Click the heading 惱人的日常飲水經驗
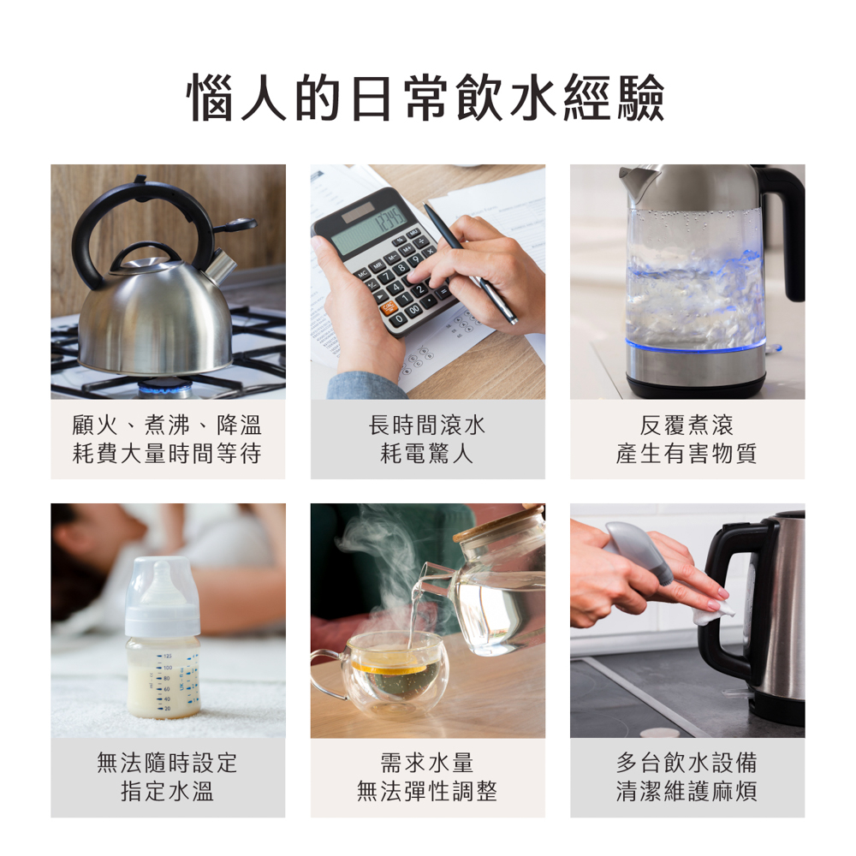[x=425, y=98]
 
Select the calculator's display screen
[x=369, y=230]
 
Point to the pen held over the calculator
[x=468, y=263]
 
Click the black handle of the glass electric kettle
[x=783, y=229]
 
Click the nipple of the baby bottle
[x=163, y=579]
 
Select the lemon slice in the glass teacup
[x=389, y=667]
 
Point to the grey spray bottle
[x=639, y=551]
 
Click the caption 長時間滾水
[x=427, y=425]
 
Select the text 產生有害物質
[x=687, y=454]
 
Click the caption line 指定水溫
[x=168, y=791]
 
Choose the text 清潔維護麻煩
[x=687, y=791]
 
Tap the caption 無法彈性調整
[x=427, y=791]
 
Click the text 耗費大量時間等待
[x=167, y=454]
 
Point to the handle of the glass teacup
[x=328, y=675]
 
